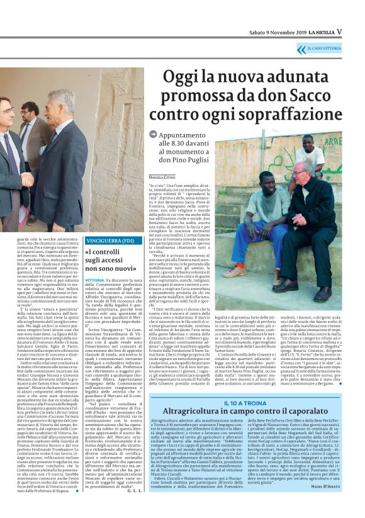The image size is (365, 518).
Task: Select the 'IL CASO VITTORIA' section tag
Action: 324,48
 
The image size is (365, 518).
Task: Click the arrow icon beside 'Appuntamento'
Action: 153,134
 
